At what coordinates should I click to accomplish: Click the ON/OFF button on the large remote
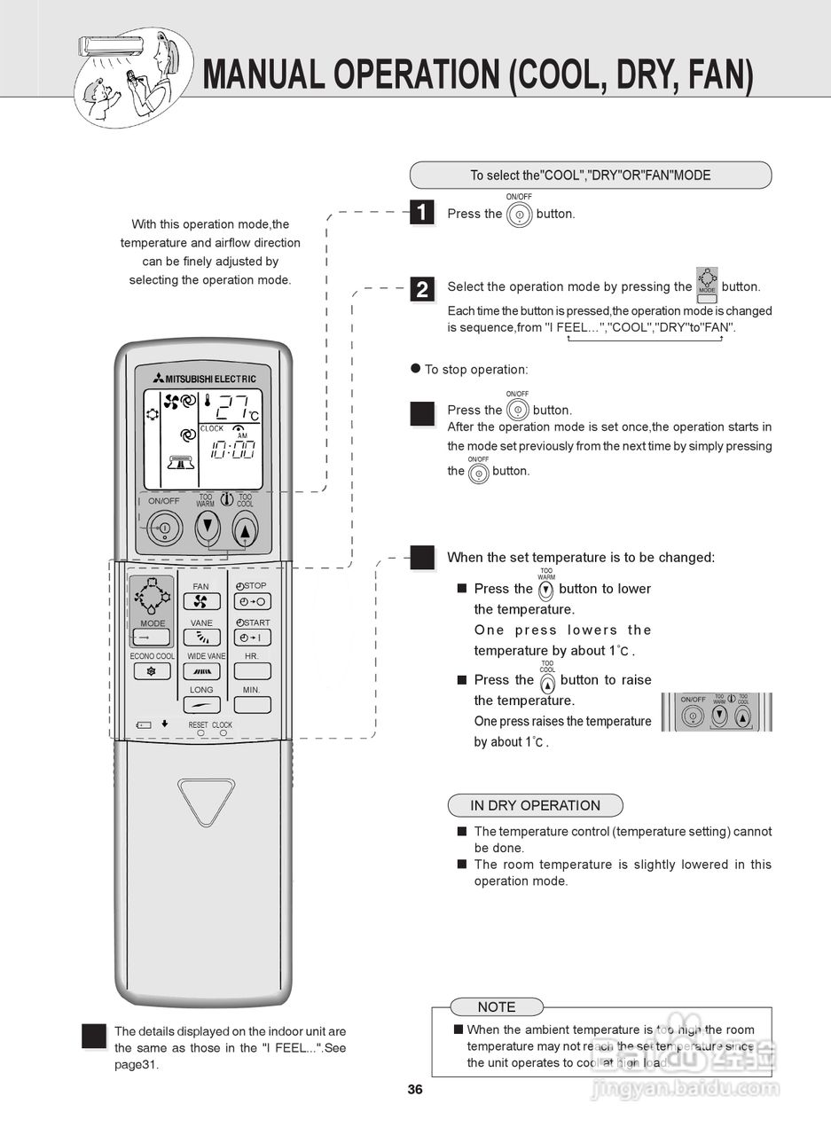coord(164,529)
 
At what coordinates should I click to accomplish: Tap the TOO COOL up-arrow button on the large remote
coord(245,529)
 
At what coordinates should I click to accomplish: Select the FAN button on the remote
coord(201,601)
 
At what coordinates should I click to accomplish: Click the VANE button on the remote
coord(201,638)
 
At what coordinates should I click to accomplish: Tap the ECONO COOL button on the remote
coord(152,671)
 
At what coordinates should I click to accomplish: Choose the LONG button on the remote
coord(201,705)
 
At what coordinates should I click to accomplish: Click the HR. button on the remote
coord(252,671)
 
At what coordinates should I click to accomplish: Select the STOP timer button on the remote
coord(252,601)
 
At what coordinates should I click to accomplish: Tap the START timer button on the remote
coord(252,638)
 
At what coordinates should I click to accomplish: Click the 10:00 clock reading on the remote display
coord(232,450)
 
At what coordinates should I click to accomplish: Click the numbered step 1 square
coord(422,213)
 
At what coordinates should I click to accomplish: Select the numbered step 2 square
coord(422,289)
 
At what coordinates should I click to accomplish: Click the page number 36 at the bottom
coord(415,1090)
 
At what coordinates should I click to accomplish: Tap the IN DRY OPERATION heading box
coord(535,805)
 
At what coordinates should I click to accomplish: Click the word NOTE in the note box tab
coord(496,1007)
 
